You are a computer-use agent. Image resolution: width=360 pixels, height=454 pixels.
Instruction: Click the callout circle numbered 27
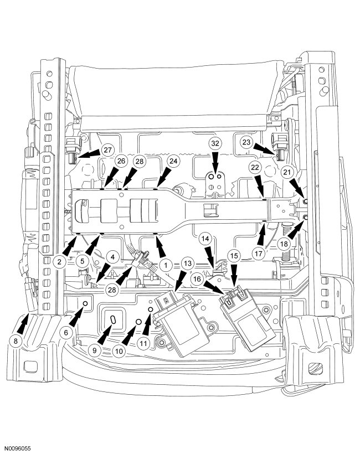(x=107, y=150)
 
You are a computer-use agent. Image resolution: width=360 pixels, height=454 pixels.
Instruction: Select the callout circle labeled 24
(x=173, y=161)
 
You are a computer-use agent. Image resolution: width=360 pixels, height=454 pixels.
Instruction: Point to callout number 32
(x=215, y=143)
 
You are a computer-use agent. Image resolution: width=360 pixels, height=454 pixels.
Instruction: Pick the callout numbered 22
(x=255, y=168)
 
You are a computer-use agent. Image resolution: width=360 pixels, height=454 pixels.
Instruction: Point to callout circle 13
(x=187, y=264)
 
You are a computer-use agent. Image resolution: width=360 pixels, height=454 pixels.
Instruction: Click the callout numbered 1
(x=165, y=265)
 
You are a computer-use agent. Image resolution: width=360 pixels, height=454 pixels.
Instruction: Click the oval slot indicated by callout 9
(x=113, y=319)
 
